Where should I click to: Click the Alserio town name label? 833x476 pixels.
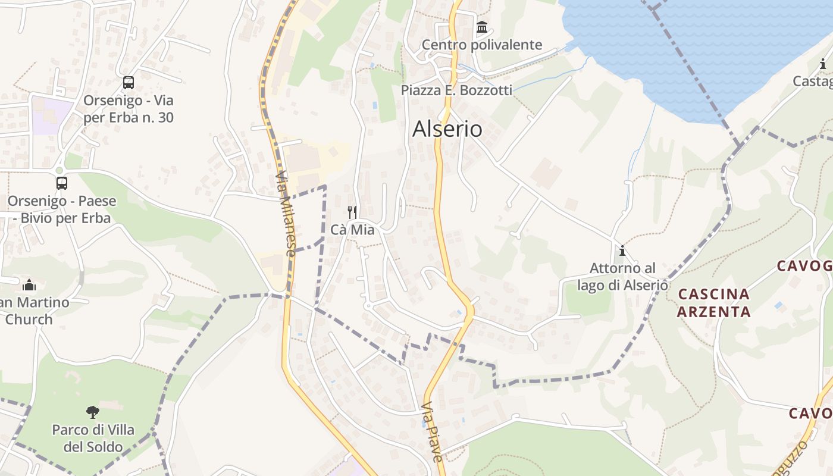[447, 129]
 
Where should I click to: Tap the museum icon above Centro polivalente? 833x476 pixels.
[482, 27]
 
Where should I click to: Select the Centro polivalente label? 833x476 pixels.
[482, 45]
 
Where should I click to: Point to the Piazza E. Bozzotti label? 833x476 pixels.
[456, 90]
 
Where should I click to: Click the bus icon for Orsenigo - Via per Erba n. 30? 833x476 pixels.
[129, 83]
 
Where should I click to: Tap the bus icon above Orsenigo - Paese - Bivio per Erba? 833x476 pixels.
[62, 183]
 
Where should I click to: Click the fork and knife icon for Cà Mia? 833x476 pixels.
[352, 212]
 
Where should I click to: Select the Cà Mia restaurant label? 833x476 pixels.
[353, 229]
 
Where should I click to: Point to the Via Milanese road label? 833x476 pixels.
[286, 214]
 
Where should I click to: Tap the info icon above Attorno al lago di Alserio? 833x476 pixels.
[622, 251]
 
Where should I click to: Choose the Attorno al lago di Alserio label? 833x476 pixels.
[622, 277]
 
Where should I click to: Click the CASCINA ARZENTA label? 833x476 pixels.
[714, 302]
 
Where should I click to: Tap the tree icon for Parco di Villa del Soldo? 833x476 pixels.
[92, 412]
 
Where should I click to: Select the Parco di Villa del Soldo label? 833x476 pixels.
[93, 438]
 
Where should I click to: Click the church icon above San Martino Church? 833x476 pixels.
[29, 285]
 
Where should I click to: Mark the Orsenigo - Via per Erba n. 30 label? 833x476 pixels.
[129, 109]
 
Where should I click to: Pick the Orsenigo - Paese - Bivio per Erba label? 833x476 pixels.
[62, 209]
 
